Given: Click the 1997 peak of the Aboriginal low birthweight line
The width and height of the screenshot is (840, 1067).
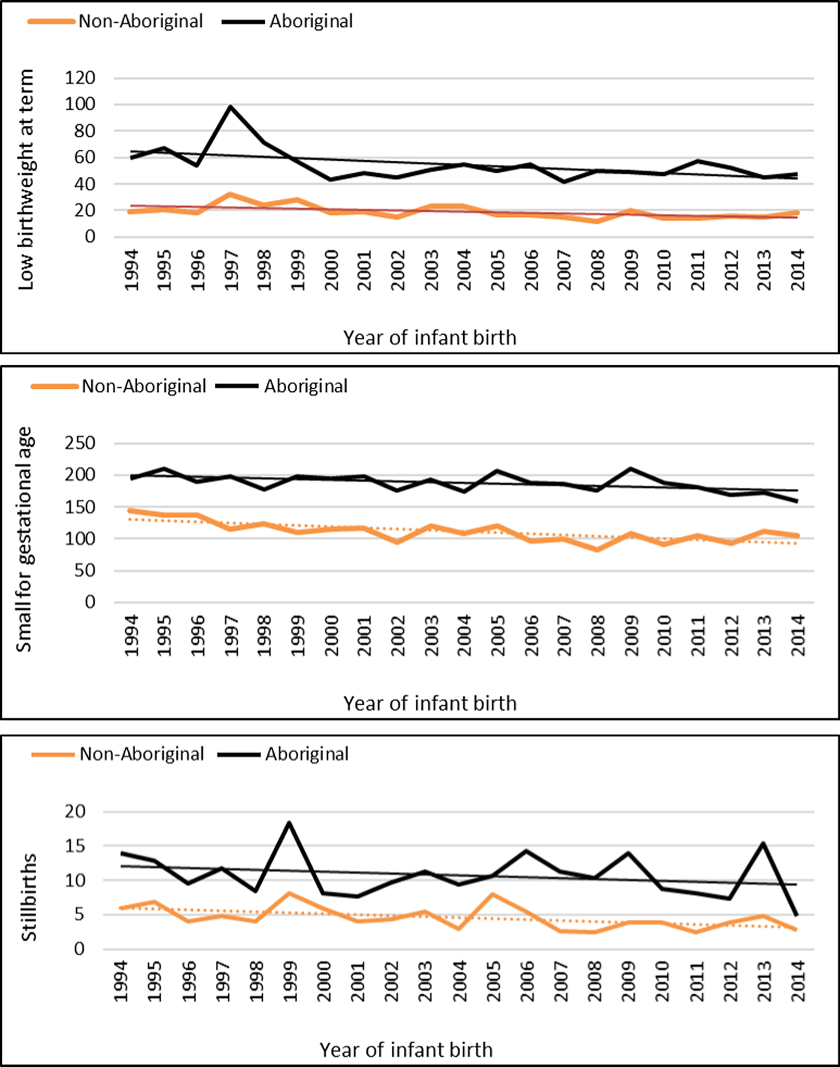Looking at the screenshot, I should coord(230,107).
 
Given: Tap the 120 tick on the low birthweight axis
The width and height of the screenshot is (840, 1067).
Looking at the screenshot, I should coord(80,78).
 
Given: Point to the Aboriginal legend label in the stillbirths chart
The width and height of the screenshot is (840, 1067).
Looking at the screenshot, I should coord(307,754).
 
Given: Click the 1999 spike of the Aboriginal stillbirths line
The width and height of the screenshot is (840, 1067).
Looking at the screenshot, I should coord(289,822).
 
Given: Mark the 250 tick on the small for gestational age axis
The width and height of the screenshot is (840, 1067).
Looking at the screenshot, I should coord(80,443).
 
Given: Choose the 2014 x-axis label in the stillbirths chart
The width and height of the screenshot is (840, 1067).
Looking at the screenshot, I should coord(797,981).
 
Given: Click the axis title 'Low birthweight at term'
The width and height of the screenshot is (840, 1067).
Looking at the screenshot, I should coord(26,179).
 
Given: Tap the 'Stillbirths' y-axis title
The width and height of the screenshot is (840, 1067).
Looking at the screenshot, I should coord(29,897).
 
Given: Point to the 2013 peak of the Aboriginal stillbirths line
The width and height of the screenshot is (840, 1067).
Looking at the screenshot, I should coord(763,843).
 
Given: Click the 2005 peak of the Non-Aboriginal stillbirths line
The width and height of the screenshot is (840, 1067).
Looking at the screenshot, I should coord(493,894).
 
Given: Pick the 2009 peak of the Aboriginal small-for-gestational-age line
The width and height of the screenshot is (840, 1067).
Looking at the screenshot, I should coord(631,468).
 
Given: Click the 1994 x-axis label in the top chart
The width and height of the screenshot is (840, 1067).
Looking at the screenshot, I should coord(131,270).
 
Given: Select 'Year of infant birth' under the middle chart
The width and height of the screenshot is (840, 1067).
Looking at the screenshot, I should coord(430,703).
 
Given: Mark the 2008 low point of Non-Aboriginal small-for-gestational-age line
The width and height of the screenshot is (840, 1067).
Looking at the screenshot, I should coord(597,549).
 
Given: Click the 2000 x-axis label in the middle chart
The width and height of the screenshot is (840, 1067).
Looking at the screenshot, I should coord(331,635).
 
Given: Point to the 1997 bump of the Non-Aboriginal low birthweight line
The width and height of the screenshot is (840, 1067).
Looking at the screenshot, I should coord(230,194).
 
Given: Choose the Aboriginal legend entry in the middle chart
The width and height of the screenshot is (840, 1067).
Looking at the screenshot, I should coord(305,386).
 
